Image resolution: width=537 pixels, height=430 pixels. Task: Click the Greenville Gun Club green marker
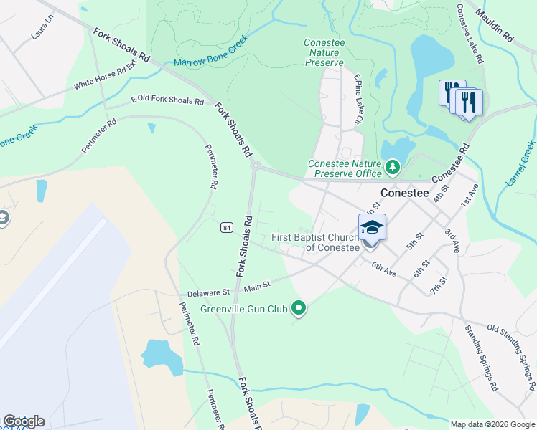click(299, 309)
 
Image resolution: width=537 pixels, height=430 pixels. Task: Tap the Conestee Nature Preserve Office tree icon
click(392, 168)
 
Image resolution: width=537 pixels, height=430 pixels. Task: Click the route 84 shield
click(226, 227)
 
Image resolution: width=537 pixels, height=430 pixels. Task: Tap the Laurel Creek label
click(520, 163)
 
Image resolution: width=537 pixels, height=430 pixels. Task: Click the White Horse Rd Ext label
click(105, 75)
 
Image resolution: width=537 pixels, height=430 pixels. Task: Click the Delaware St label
click(207, 292)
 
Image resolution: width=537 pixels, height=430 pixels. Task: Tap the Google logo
click(23, 421)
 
